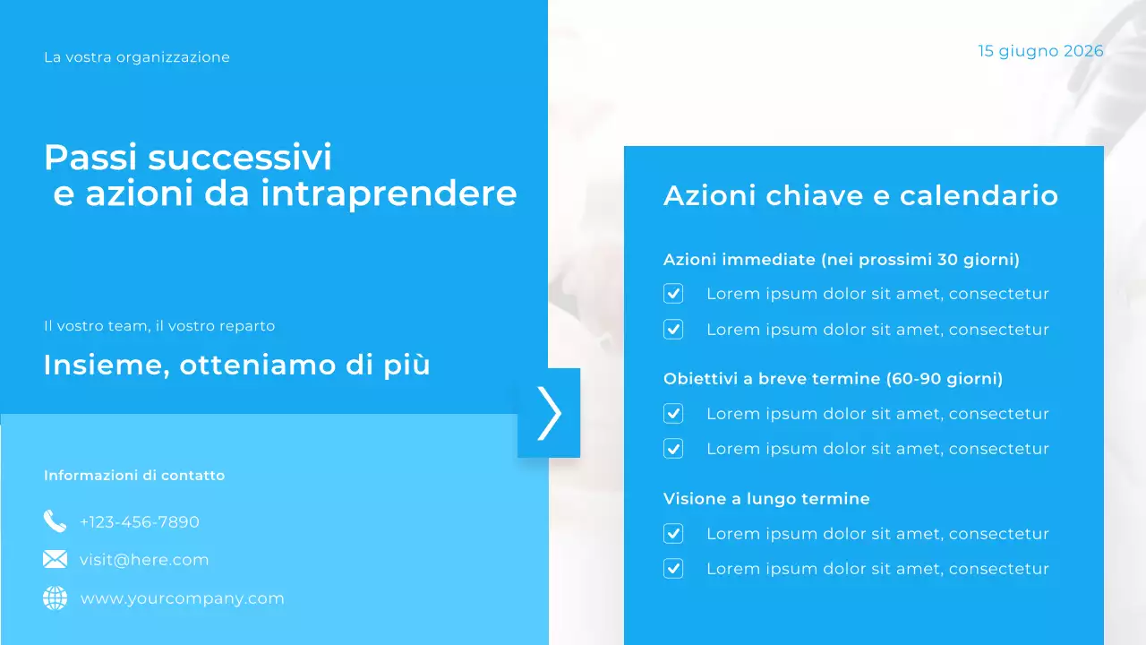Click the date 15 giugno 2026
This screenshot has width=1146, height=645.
1040,51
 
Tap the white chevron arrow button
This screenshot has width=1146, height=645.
549,413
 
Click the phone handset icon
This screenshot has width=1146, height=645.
55,521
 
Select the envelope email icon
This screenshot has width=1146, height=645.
55,560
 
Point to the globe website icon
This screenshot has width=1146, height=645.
55,598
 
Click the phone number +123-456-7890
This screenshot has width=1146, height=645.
140,522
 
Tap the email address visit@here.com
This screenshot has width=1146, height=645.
144,560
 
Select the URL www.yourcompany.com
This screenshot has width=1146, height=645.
183,598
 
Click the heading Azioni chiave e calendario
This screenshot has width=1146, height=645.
860,195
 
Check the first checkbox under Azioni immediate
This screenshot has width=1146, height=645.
673,294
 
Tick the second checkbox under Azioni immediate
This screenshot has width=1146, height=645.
673,330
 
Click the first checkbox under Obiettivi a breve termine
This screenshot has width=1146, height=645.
673,414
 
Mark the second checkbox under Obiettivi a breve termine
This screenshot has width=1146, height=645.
673,449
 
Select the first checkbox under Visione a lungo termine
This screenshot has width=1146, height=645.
673,534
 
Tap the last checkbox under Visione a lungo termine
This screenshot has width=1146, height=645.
673,569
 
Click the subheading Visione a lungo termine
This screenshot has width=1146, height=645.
766,499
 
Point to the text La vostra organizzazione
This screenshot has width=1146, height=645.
137,57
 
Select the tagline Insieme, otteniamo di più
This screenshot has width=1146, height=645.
237,365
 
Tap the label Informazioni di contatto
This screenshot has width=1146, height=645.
134,476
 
